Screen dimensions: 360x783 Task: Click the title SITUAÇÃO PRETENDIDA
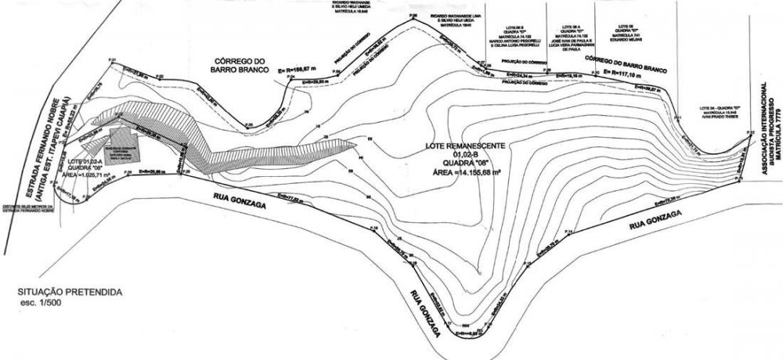click(69, 291)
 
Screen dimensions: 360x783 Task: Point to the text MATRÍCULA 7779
click(778, 133)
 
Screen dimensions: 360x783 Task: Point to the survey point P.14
click(571, 232)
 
